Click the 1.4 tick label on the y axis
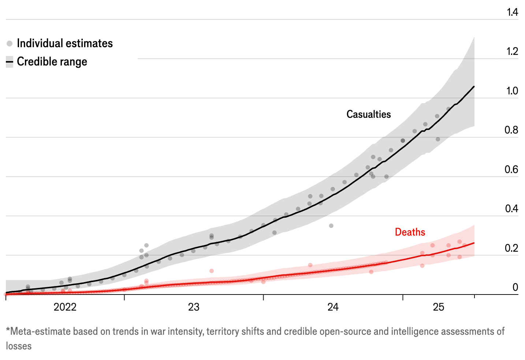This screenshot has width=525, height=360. tap(512, 12)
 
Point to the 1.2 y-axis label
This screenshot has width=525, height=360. tap(512, 51)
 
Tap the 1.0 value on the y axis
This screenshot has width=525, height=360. tap(512, 91)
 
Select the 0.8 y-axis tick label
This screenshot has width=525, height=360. tap(511, 130)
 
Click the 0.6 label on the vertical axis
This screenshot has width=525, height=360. tap(511, 169)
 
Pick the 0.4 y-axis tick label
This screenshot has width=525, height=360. tap(511, 209)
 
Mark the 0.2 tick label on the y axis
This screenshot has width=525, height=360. tap(511, 248)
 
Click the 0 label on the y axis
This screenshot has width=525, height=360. tap(515, 287)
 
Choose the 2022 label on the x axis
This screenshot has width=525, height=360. tap(65, 307)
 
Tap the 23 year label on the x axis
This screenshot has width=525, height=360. tap(194, 307)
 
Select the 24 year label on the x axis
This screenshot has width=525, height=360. tap(333, 307)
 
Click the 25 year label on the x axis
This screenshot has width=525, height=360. tap(439, 307)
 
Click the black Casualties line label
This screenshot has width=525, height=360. tap(369, 114)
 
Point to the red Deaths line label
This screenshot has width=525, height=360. tap(410, 232)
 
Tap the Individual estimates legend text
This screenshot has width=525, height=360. tap(65, 43)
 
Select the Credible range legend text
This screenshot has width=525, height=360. tap(52, 61)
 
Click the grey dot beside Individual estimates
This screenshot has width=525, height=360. tap(10, 44)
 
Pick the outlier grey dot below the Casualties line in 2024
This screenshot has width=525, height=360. tap(331, 226)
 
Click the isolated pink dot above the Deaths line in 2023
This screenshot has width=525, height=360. tap(211, 271)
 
